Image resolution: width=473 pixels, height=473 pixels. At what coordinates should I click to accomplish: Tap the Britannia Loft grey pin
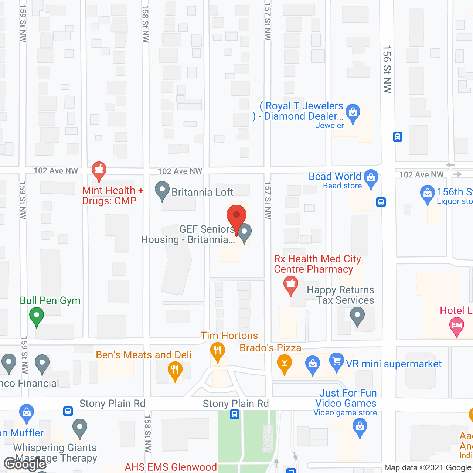pyautogui.click(x=162, y=190)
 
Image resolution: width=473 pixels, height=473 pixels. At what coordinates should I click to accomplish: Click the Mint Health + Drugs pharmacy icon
pyautogui.click(x=99, y=170)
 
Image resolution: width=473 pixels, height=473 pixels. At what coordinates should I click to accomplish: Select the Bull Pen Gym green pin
pyautogui.click(x=37, y=316)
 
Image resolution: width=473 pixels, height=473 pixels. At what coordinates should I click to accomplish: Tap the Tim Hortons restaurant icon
pyautogui.click(x=217, y=351)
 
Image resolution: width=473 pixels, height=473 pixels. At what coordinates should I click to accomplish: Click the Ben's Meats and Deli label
pyautogui.click(x=143, y=355)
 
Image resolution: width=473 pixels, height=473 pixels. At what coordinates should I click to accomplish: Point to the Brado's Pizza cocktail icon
pyautogui.click(x=285, y=363)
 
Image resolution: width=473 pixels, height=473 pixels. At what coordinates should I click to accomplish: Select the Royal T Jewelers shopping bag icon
pyautogui.click(x=353, y=112)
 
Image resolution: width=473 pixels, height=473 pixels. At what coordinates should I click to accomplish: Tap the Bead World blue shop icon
pyautogui.click(x=371, y=178)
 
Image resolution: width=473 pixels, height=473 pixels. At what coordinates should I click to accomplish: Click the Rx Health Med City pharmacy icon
pyautogui.click(x=291, y=285)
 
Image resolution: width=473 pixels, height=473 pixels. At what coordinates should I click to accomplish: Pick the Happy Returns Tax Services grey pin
pyautogui.click(x=357, y=316)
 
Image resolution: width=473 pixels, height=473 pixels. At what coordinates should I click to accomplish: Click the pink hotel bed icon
pyautogui.click(x=457, y=326)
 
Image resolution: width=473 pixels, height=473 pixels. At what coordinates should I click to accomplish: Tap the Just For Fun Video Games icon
pyautogui.click(x=360, y=428)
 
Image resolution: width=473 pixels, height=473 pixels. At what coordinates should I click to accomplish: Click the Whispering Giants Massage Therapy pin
pyautogui.click(x=80, y=428)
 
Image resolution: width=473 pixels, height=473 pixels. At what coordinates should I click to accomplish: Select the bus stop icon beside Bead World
pyautogui.click(x=381, y=202)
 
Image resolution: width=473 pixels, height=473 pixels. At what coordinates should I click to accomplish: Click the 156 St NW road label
pyautogui.click(x=387, y=69)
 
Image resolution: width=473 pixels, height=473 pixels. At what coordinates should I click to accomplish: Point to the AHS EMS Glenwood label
pyautogui.click(x=171, y=467)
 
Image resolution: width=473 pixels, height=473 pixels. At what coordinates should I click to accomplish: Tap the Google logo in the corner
pyautogui.click(x=25, y=464)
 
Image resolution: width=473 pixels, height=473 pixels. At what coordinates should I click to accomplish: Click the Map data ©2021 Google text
pyautogui.click(x=428, y=468)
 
